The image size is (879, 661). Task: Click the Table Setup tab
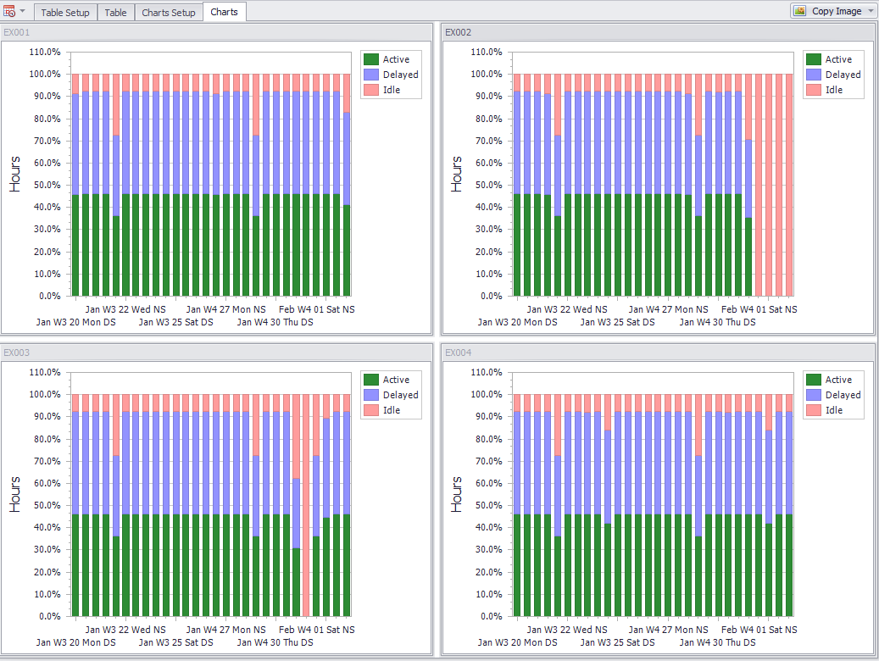pyautogui.click(x=64, y=13)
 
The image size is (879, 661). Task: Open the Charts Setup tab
pyautogui.click(x=168, y=13)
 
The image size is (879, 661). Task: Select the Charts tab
pyautogui.click(x=224, y=12)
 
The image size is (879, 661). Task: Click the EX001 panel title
pyautogui.click(x=16, y=32)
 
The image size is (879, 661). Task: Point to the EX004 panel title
pyautogui.click(x=459, y=353)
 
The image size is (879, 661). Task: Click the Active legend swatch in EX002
pyautogui.click(x=813, y=59)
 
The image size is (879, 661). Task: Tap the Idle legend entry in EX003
pyautogui.click(x=392, y=410)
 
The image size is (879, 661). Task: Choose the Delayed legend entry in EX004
pyautogui.click(x=843, y=395)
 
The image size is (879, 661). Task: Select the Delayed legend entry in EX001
pyautogui.click(x=400, y=75)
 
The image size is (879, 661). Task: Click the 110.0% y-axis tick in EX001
pyautogui.click(x=45, y=52)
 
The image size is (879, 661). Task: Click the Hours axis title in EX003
pyautogui.click(x=15, y=494)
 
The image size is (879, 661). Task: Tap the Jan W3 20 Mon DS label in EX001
pyautogui.click(x=76, y=322)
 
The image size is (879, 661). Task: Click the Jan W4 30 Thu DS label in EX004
pyautogui.click(x=717, y=642)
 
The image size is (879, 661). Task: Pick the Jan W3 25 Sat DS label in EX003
pyautogui.click(x=176, y=642)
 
